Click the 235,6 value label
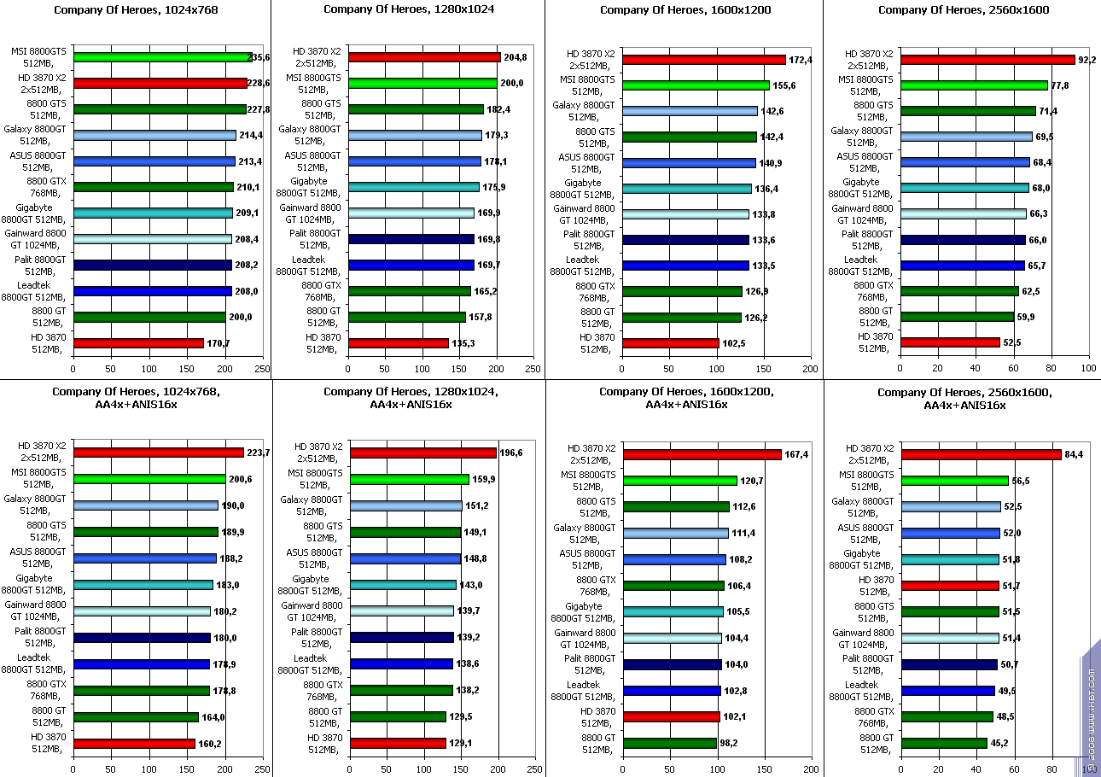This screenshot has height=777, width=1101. coord(259,58)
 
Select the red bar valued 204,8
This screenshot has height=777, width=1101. coord(424,58)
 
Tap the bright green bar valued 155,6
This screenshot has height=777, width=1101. coord(696,85)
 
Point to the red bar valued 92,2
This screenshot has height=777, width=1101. coord(987,60)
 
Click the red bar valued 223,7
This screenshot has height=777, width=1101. coord(159,453)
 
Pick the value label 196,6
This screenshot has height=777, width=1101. coord(510,453)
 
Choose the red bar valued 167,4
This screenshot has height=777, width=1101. coord(702,454)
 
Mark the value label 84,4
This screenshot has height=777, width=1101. coord(1073,454)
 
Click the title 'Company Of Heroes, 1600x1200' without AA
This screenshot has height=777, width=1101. coord(685,10)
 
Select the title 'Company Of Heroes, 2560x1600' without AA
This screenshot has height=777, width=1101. coord(964,10)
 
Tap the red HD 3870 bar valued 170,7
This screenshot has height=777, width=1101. coord(138,343)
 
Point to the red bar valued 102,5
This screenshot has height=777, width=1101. coord(670,343)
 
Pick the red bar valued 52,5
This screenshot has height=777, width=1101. coord(950,342)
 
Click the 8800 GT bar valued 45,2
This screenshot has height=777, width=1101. coord(944,743)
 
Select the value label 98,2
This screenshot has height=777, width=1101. coord(729,743)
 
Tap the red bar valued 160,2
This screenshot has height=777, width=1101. coord(134,743)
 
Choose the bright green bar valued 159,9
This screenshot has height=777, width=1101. coord(410,479)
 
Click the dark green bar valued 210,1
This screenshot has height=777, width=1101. coord(154,187)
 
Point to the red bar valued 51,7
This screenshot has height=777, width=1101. coord(950,586)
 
